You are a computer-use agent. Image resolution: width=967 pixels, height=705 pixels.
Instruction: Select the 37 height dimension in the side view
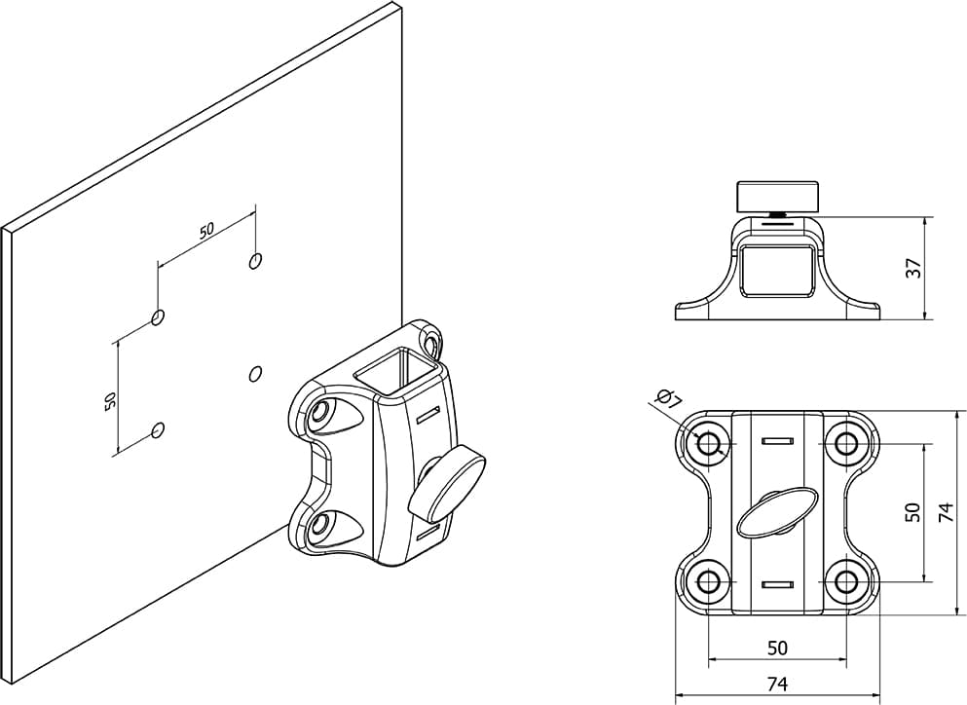pos(912,268)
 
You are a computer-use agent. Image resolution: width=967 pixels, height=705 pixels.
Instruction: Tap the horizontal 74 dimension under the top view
pos(776,684)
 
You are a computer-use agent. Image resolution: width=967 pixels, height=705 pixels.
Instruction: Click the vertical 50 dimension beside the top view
pos(911,512)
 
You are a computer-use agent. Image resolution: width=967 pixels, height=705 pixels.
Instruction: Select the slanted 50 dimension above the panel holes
pos(206,231)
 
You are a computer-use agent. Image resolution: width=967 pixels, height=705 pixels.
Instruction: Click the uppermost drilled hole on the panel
pos(255,260)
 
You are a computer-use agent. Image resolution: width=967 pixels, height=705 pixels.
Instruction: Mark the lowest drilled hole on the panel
pos(159,429)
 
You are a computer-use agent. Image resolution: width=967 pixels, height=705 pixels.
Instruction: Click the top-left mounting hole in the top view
pos(708,444)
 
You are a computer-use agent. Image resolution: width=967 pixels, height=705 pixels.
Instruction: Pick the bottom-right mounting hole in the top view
pos(846,582)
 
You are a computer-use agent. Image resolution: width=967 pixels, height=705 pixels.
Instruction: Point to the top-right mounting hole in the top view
pos(846,444)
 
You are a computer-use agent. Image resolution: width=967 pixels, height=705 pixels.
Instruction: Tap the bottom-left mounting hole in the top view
pos(708,582)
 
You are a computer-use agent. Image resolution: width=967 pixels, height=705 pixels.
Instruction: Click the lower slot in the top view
pos(777,584)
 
